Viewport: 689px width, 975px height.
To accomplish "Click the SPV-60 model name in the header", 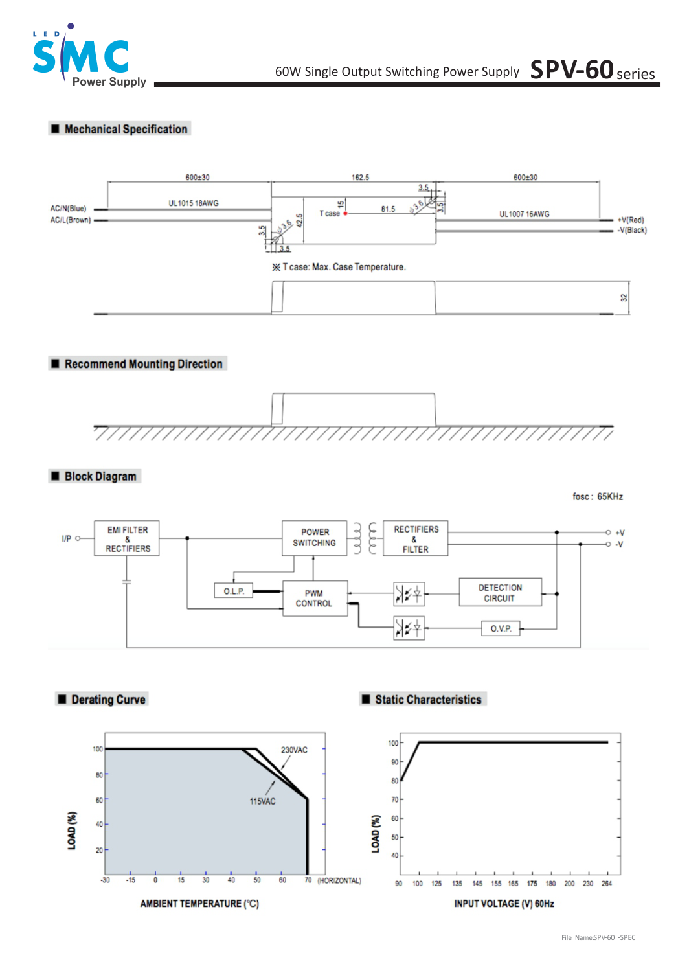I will pyautogui.click(x=572, y=69).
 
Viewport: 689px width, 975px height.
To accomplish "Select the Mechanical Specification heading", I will pyautogui.click(x=126, y=129).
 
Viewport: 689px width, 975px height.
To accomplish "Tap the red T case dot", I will pyautogui.click(x=345, y=213).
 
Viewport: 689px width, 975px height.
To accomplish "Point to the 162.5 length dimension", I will pyautogui.click(x=360, y=177).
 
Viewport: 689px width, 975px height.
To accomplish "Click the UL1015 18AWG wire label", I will pyautogui.click(x=194, y=203).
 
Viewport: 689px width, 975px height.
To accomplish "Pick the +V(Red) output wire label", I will pyautogui.click(x=631, y=220).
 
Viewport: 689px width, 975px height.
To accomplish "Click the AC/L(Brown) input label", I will pyautogui.click(x=71, y=220).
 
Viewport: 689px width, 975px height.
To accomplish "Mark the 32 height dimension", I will pyautogui.click(x=624, y=298).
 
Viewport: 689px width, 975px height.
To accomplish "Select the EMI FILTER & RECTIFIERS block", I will pyautogui.click(x=127, y=539).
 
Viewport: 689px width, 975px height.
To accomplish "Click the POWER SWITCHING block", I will pyautogui.click(x=314, y=538).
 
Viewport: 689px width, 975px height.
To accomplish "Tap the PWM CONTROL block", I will pyautogui.click(x=314, y=598).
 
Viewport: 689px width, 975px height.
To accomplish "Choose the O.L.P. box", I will pyautogui.click(x=234, y=591).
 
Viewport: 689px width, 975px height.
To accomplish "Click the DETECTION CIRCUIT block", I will pyautogui.click(x=500, y=593).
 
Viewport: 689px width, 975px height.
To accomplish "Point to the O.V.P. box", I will pyautogui.click(x=501, y=628).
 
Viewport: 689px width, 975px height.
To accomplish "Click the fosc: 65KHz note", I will pyautogui.click(x=597, y=497).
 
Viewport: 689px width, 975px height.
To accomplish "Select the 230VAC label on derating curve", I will pyautogui.click(x=294, y=750).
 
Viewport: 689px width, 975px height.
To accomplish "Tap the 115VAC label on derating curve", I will pyautogui.click(x=262, y=801).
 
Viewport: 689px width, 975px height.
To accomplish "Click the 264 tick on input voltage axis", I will pyautogui.click(x=607, y=884).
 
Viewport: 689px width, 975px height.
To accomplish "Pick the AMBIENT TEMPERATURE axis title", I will pyautogui.click(x=199, y=904).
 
